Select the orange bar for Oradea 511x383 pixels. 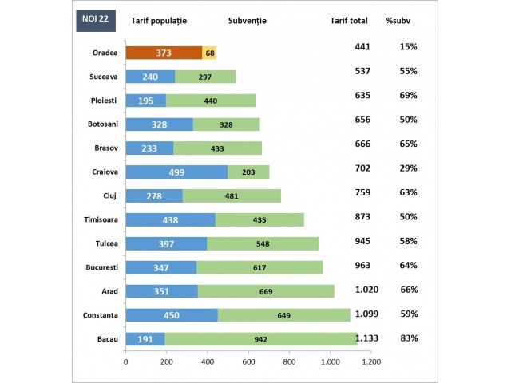pos(164,53)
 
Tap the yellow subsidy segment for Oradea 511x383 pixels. pos(209,53)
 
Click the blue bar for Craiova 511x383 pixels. pos(176,172)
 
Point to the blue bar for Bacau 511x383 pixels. pos(145,339)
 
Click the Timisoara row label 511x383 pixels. pos(98,219)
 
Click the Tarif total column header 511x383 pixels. pos(352,20)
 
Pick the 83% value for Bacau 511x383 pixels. pos(409,338)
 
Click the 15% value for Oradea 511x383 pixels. pos(409,47)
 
